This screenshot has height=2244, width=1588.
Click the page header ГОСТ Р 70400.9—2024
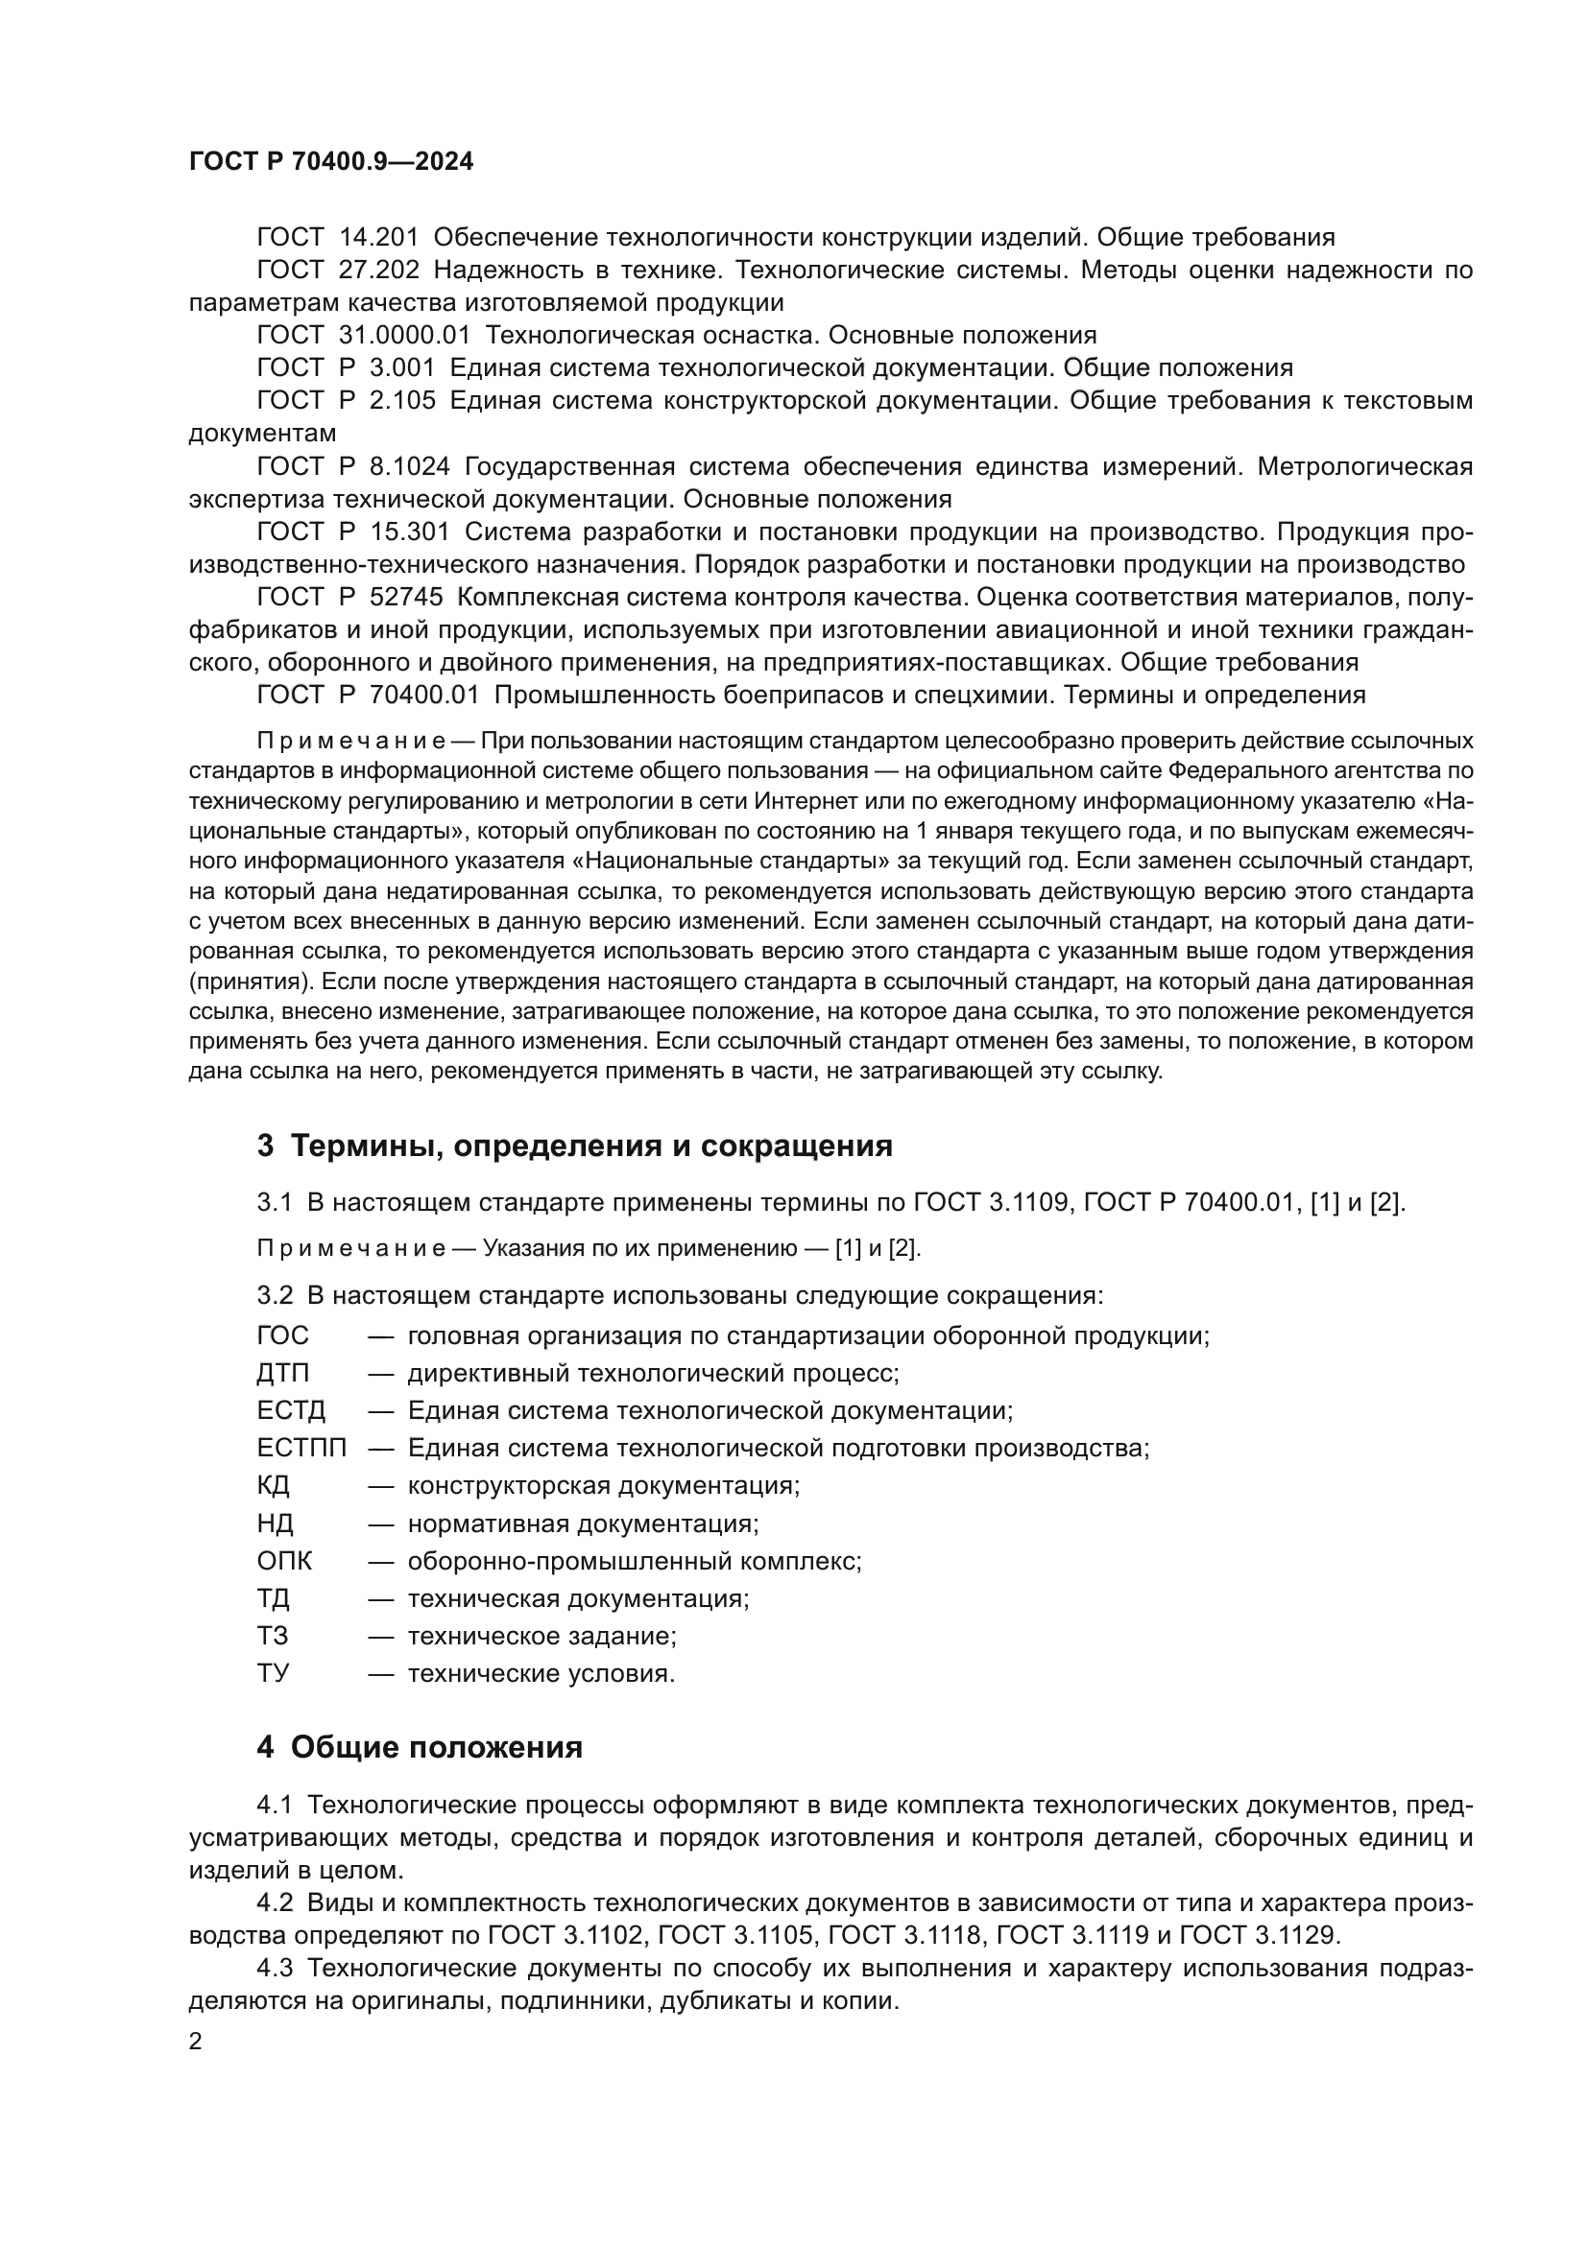pos(330,162)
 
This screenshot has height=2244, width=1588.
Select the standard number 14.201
pos(378,238)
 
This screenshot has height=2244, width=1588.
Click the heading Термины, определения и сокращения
pos(575,1146)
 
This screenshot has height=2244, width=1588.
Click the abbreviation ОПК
pos(284,1561)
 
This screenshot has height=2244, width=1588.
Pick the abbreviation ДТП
pos(282,1373)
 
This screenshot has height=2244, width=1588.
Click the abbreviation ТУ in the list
pos(273,1673)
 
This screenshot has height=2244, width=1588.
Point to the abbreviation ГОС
pos(282,1336)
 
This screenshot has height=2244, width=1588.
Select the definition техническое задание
pos(541,1636)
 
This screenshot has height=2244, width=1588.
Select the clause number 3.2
pos(275,1296)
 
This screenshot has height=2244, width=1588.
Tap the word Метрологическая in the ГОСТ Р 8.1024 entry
pos(1364,466)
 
